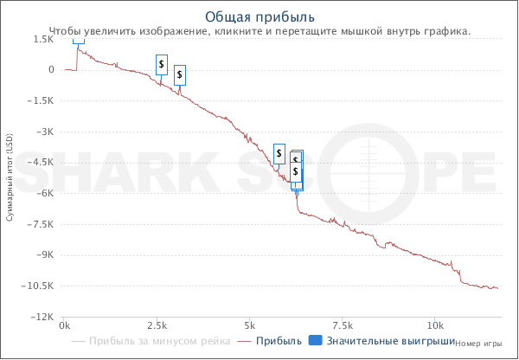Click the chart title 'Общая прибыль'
[259, 17]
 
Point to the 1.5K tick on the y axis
[42, 39]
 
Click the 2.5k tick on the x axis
[157, 326]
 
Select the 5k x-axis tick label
[249, 326]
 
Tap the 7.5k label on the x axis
[343, 326]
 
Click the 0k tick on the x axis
[64, 326]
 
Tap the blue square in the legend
[316, 341]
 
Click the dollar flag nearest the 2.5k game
[162, 65]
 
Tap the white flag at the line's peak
[79, 40]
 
